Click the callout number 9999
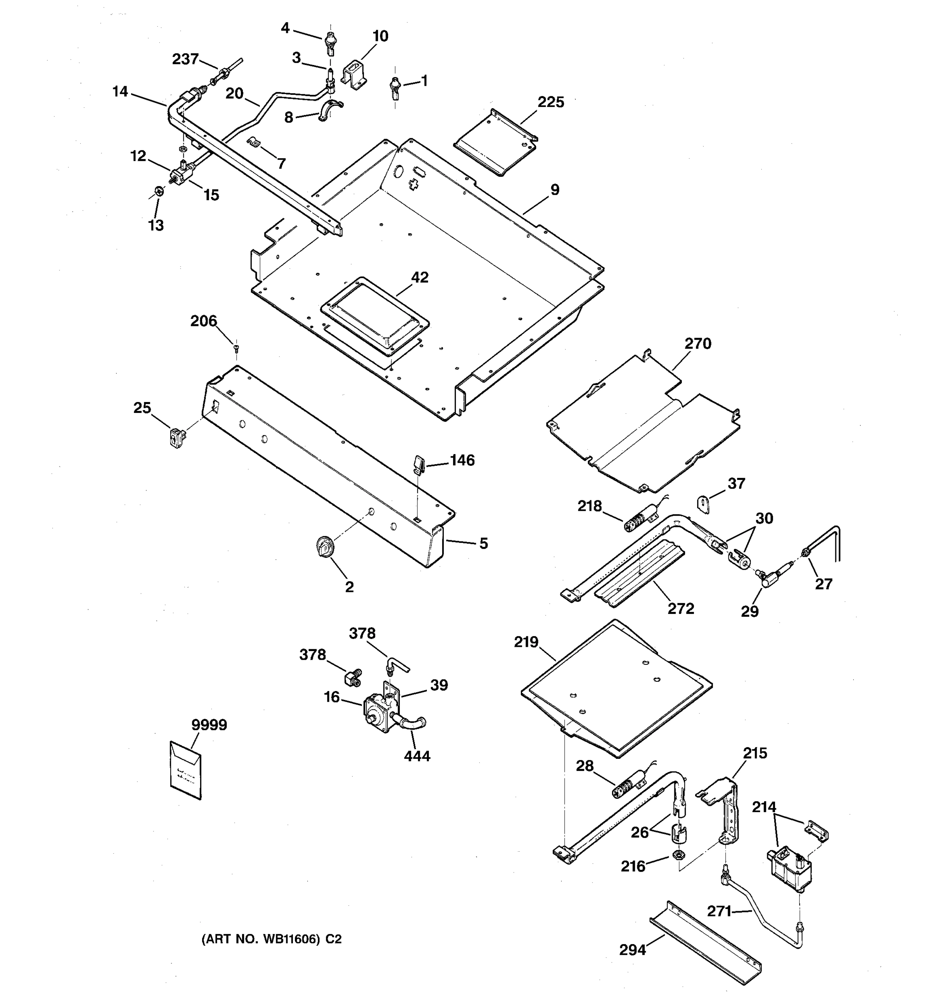coord(209,725)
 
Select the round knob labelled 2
coord(325,546)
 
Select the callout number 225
coord(551,102)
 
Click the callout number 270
coord(698,344)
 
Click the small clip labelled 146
coord(419,462)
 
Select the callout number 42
coord(420,277)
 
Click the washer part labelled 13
coord(160,191)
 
